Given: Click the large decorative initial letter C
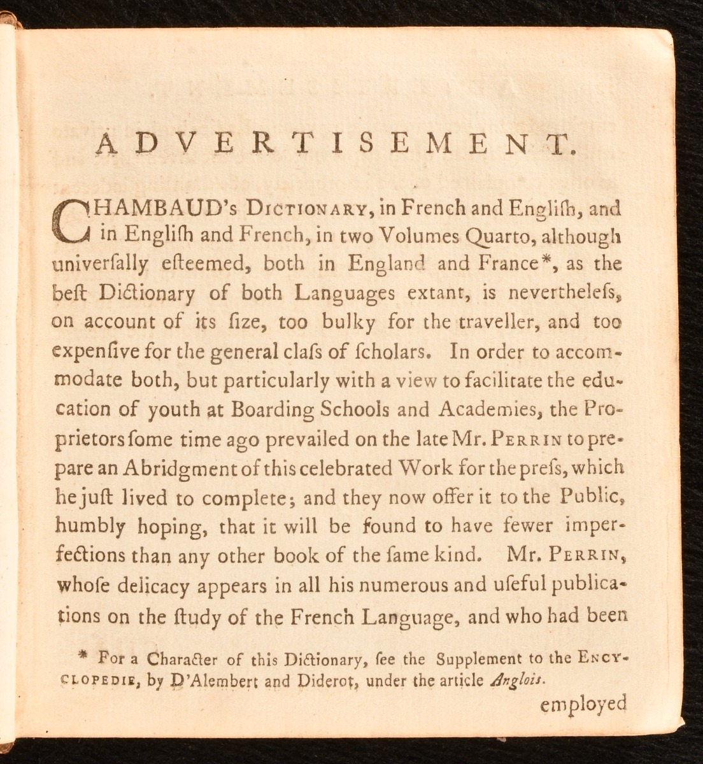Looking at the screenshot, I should click(75, 220).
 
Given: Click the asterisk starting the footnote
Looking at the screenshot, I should click(82, 655).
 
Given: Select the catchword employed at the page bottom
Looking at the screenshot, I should click(583, 704).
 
